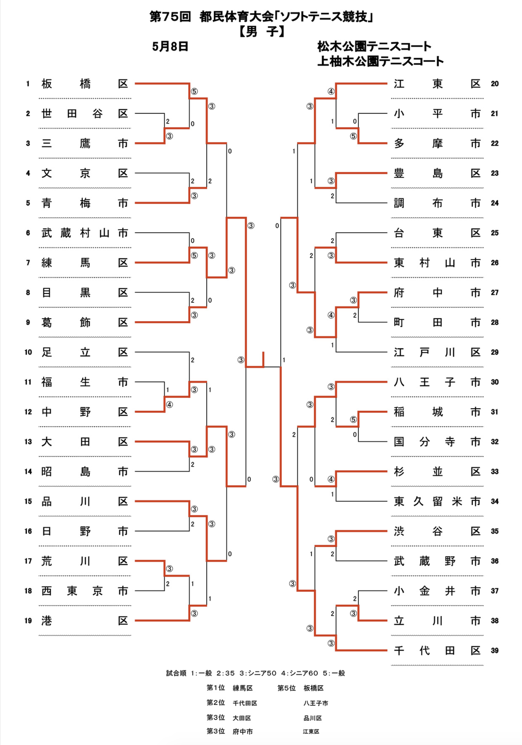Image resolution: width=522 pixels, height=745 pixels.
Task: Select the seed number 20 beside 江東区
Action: click(495, 84)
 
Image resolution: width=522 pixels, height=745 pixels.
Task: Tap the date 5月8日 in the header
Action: click(170, 46)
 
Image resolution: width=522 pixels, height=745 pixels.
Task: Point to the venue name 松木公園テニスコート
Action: click(374, 46)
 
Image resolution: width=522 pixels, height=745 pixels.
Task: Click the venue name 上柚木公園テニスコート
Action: click(380, 61)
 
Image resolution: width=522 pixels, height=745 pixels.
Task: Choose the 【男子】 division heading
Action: click(261, 32)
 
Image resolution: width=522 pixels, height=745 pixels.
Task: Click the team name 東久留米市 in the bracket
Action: click(437, 502)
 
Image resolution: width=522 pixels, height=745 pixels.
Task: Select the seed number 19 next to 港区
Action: click(28, 621)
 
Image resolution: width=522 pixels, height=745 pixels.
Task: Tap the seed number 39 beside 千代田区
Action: click(495, 651)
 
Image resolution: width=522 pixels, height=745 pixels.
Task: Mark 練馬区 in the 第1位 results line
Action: click(243, 688)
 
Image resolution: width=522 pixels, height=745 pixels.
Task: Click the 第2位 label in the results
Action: click(216, 703)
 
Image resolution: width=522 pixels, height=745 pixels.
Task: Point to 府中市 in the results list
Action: click(243, 732)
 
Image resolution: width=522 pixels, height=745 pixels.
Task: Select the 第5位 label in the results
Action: click(287, 688)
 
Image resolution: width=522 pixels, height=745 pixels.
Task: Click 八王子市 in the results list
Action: click(316, 703)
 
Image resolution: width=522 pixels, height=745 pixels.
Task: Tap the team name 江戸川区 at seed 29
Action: click(437, 352)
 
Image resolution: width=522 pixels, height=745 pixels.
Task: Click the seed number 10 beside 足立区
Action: click(28, 352)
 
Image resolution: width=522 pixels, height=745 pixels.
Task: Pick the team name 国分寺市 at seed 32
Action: click(437, 442)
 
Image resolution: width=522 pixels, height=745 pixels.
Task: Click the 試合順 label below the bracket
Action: click(176, 673)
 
